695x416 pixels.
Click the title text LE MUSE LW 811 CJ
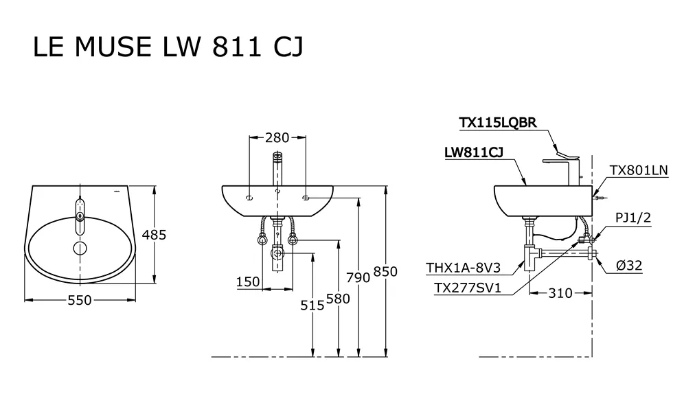[168, 47]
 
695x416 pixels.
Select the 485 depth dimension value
[154, 235]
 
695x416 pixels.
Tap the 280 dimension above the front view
[277, 138]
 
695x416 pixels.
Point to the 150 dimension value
[248, 281]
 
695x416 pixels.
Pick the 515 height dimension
[312, 305]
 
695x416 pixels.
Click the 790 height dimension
[358, 277]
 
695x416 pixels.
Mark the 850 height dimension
[385, 272]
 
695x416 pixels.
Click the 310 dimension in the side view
[560, 293]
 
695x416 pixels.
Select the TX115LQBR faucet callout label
[497, 123]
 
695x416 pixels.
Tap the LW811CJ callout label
[474, 154]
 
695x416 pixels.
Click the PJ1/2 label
[633, 218]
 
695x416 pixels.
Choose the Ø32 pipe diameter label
[628, 265]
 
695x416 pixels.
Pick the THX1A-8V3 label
[463, 268]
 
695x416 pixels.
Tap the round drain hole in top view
[80, 247]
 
